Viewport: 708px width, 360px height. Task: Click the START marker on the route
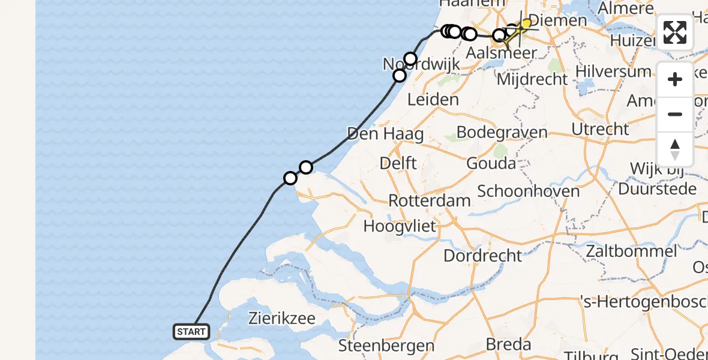(x=191, y=331)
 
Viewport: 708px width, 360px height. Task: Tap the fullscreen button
(x=675, y=32)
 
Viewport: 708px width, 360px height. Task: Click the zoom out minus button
(x=675, y=115)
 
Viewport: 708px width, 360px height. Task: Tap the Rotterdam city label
(x=429, y=200)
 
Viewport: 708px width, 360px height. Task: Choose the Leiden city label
(x=433, y=99)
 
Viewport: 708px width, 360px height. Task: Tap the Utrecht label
(x=600, y=128)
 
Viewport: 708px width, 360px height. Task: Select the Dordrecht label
(x=482, y=255)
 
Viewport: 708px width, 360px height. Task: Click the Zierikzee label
(x=282, y=318)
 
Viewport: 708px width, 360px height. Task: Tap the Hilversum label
(x=613, y=71)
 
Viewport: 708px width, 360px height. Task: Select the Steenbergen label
(x=386, y=346)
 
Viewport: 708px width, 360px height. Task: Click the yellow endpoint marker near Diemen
(x=526, y=23)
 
